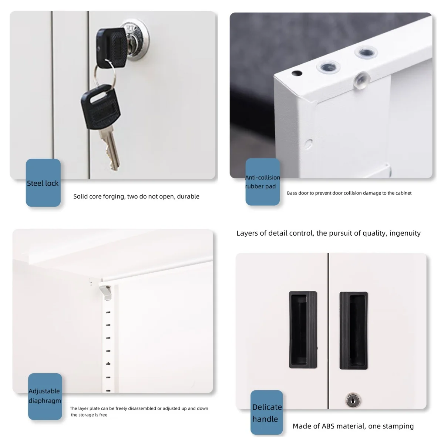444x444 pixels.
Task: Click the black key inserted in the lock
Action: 111,47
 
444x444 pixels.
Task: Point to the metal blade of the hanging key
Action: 110,149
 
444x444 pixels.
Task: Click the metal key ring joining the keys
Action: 105,74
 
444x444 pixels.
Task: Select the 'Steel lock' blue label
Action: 43,183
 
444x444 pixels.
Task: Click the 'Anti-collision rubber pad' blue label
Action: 262,182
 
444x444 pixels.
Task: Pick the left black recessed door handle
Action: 303,330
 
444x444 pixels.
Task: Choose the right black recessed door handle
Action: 353,330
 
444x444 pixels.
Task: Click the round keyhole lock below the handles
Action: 353,400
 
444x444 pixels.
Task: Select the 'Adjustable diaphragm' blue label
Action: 45,396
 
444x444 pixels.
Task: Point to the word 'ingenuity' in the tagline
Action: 405,233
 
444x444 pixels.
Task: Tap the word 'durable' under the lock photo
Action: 188,196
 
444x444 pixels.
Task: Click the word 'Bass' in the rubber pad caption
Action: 292,193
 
